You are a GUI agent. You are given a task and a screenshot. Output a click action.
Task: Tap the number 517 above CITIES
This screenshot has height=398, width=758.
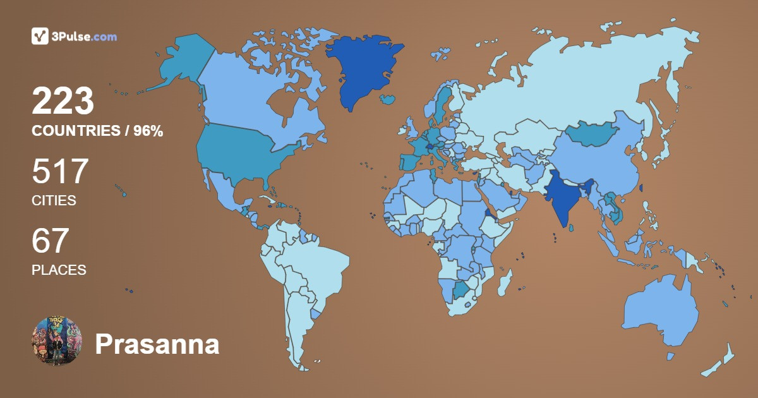click(61, 172)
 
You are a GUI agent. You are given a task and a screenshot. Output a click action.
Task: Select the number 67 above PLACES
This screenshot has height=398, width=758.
click(50, 241)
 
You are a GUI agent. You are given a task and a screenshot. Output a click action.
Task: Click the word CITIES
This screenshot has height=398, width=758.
click(54, 201)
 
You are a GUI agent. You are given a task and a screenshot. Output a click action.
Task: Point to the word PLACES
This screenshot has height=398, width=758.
click(59, 270)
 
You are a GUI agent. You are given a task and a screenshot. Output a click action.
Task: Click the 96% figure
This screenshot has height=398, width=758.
click(148, 131)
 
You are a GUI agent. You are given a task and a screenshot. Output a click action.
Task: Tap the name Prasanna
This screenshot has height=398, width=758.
click(157, 345)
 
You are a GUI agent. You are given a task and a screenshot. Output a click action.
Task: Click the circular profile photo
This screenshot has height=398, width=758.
click(57, 341)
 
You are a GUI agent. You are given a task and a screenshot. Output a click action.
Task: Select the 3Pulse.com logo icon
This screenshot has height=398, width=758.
click(40, 37)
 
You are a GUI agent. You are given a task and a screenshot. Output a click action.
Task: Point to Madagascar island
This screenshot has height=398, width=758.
click(503, 282)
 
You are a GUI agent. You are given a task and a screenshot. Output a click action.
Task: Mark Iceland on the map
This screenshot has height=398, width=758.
click(388, 99)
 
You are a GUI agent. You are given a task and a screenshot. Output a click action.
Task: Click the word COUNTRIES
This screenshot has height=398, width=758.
click(76, 131)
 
